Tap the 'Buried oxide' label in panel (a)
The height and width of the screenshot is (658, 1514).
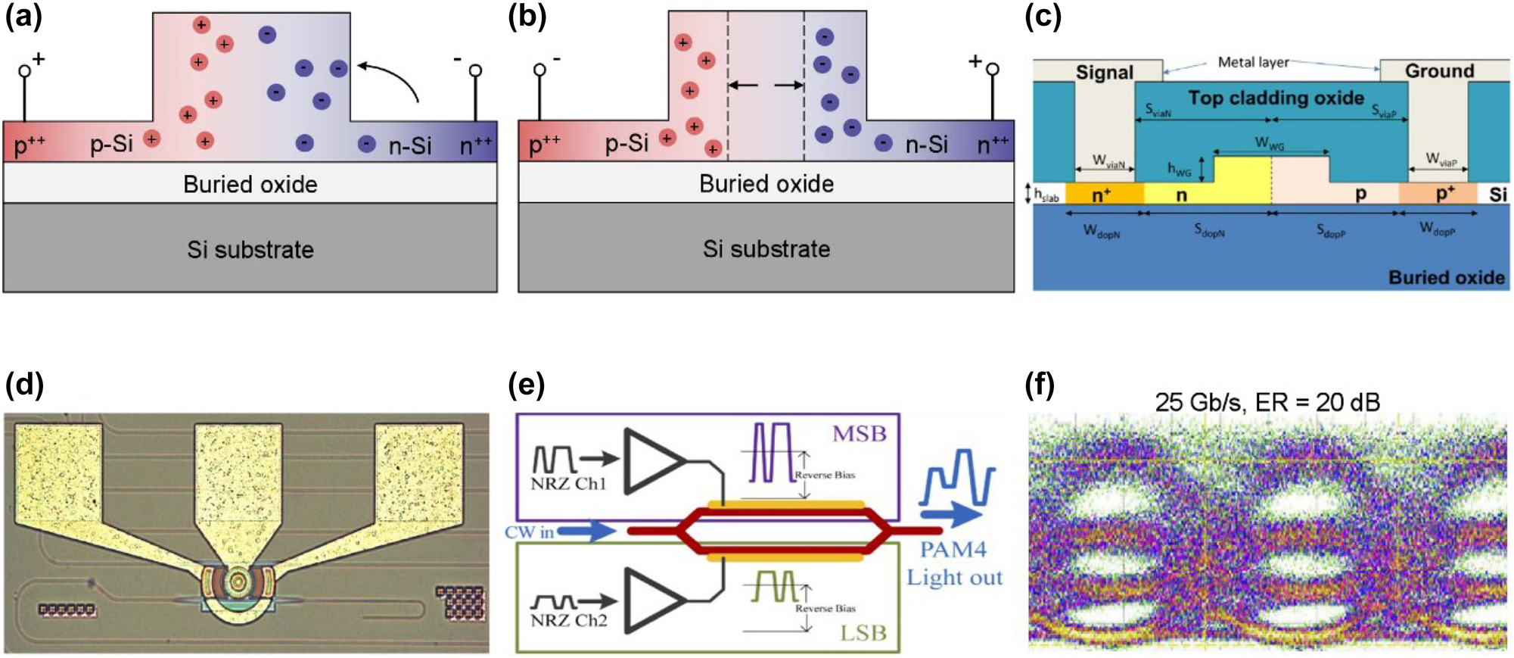[x=250, y=184]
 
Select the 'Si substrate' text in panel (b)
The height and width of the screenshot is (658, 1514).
[x=766, y=249]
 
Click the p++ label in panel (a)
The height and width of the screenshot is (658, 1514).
[x=29, y=144]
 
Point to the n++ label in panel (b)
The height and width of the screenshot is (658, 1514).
[x=994, y=144]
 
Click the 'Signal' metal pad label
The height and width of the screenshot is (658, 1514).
[x=1104, y=73]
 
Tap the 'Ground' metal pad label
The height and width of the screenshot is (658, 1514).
[x=1439, y=71]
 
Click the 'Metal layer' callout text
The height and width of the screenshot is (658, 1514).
[x=1253, y=62]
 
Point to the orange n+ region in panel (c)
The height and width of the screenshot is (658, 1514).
[x=1103, y=195]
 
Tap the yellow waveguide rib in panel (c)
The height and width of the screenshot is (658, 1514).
[x=1242, y=178]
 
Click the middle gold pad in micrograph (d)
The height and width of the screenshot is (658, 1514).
[x=238, y=485]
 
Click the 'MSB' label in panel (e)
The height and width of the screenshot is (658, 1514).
[x=859, y=434]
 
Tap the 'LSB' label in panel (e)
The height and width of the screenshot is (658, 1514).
[x=863, y=633]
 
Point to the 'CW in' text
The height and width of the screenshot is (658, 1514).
[x=529, y=532]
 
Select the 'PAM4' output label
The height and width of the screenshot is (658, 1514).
[x=953, y=550]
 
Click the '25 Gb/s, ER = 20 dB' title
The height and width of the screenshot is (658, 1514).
[x=1267, y=401]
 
